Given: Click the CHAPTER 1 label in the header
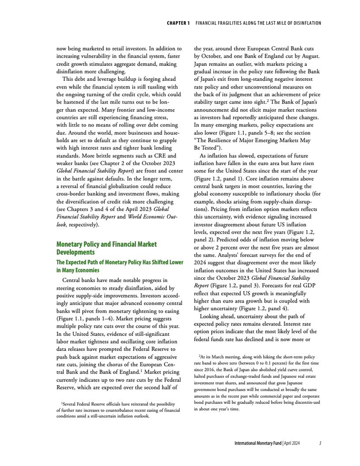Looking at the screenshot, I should [178, 24].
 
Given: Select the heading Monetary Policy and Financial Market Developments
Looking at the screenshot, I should [106, 248].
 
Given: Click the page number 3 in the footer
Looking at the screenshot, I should [320, 443].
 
